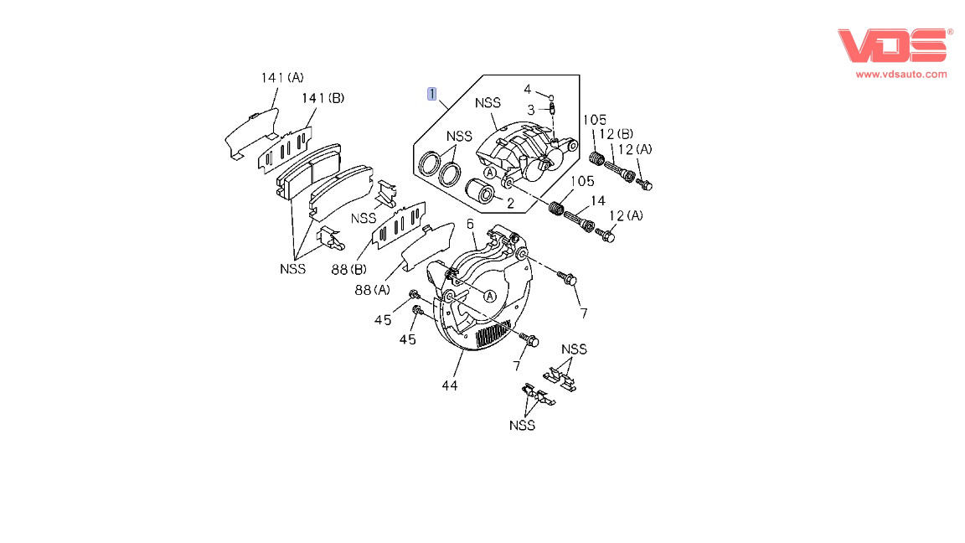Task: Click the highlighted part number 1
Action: (x=431, y=93)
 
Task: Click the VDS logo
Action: (x=895, y=45)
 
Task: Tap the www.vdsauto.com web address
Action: (x=901, y=74)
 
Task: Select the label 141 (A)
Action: (x=282, y=78)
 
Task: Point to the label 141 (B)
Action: (x=323, y=98)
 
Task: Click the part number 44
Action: (x=450, y=385)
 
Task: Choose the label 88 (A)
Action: (x=372, y=290)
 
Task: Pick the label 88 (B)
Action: (x=348, y=269)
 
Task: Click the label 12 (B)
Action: (x=616, y=134)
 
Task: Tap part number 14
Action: (x=597, y=200)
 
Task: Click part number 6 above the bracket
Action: (x=470, y=224)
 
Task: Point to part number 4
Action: (x=528, y=89)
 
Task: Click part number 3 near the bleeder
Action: (x=530, y=110)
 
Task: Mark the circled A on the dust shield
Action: (x=489, y=295)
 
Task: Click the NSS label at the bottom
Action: (x=522, y=425)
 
